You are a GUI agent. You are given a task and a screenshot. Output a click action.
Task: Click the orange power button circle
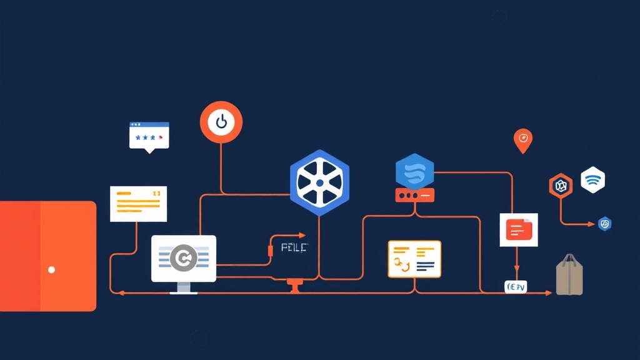pyautogui.click(x=221, y=121)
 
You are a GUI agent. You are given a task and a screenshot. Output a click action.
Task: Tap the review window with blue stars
pyautogui.click(x=149, y=135)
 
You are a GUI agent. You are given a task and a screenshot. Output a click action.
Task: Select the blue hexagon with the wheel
pyautogui.click(x=319, y=182)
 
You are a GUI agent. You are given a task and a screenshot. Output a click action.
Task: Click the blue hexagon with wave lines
pyautogui.click(x=414, y=171)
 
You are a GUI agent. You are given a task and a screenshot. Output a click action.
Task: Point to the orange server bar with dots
pyautogui.click(x=414, y=196)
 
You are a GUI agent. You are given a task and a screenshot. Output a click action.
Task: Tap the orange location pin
pyautogui.click(x=522, y=140)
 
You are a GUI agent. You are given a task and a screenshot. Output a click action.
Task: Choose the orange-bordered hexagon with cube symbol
pyautogui.click(x=561, y=186)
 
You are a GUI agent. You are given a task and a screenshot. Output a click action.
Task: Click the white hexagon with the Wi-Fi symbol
pyautogui.click(x=592, y=180)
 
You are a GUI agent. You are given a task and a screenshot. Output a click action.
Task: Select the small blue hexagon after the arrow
pyautogui.click(x=604, y=224)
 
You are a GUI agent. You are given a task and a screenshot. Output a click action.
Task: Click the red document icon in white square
pyautogui.click(x=518, y=229)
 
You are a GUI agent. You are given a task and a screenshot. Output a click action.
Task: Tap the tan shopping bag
pyautogui.click(x=569, y=278)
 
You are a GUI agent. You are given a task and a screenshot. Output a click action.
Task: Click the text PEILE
pyautogui.click(x=294, y=247)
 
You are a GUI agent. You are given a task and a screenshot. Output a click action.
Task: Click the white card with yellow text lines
pyautogui.click(x=138, y=204)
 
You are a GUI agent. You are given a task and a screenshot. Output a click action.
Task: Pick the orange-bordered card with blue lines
pyautogui.click(x=414, y=259)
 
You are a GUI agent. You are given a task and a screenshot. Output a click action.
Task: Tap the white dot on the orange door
pyautogui.click(x=51, y=270)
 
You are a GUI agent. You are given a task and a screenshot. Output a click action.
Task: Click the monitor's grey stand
pyautogui.click(x=184, y=287)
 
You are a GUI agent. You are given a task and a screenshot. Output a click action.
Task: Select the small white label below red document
pyautogui.click(x=516, y=287)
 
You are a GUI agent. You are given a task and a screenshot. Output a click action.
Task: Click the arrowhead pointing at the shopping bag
pyautogui.click(x=548, y=292)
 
